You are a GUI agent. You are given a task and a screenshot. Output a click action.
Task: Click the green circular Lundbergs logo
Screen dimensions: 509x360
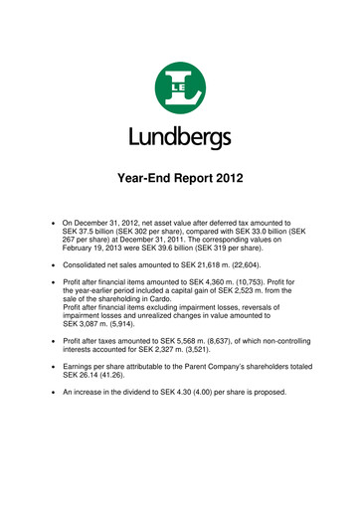click(x=179, y=85)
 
